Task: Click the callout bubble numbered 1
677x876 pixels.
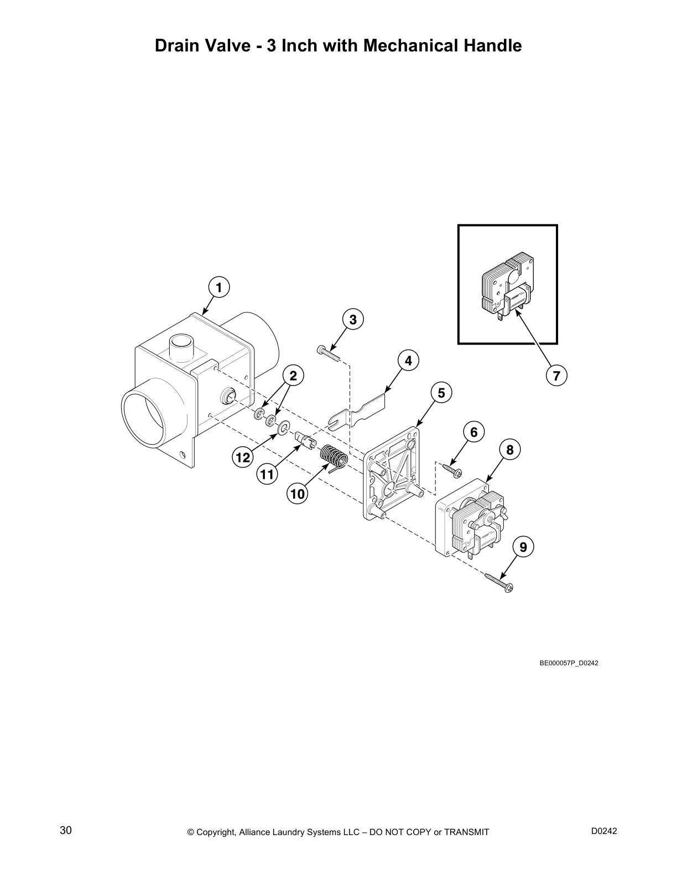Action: click(x=219, y=288)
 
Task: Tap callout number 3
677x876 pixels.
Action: click(x=353, y=319)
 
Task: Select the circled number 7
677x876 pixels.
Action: click(x=556, y=376)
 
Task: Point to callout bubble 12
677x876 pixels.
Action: click(x=242, y=457)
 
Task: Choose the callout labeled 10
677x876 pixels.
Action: click(x=298, y=493)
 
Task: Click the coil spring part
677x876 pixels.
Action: click(x=334, y=458)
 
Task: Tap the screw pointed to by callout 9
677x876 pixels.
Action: click(x=499, y=582)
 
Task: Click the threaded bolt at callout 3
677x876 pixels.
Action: click(x=329, y=352)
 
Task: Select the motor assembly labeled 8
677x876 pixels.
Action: click(x=470, y=520)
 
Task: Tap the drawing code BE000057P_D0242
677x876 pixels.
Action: click(x=569, y=663)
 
